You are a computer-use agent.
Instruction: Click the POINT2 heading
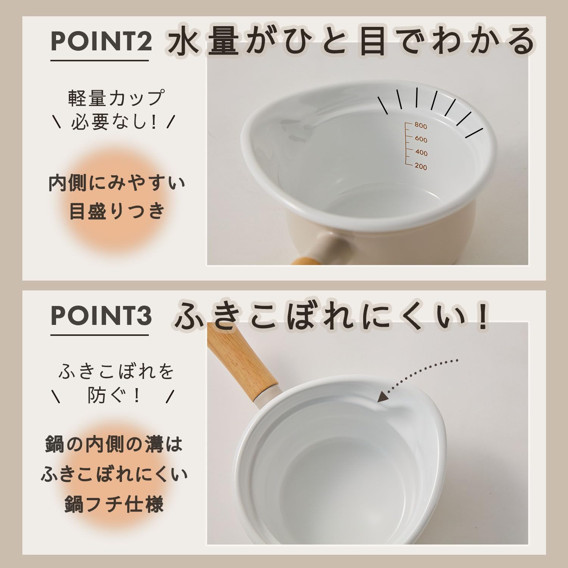(x=101, y=42)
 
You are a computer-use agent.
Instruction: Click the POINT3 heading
(x=101, y=316)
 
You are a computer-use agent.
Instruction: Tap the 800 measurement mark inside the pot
(x=421, y=126)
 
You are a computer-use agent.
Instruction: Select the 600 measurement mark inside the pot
(x=421, y=139)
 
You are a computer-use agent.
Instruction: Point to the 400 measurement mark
(x=421, y=153)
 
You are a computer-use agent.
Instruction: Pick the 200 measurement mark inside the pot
(x=421, y=167)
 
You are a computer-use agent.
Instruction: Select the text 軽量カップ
(x=116, y=98)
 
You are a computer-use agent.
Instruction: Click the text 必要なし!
(x=114, y=122)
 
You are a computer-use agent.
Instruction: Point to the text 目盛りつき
(x=117, y=211)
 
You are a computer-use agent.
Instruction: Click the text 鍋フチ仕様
(x=114, y=504)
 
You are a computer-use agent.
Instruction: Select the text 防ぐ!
(x=114, y=396)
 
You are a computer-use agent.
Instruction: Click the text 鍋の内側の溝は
(x=114, y=444)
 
